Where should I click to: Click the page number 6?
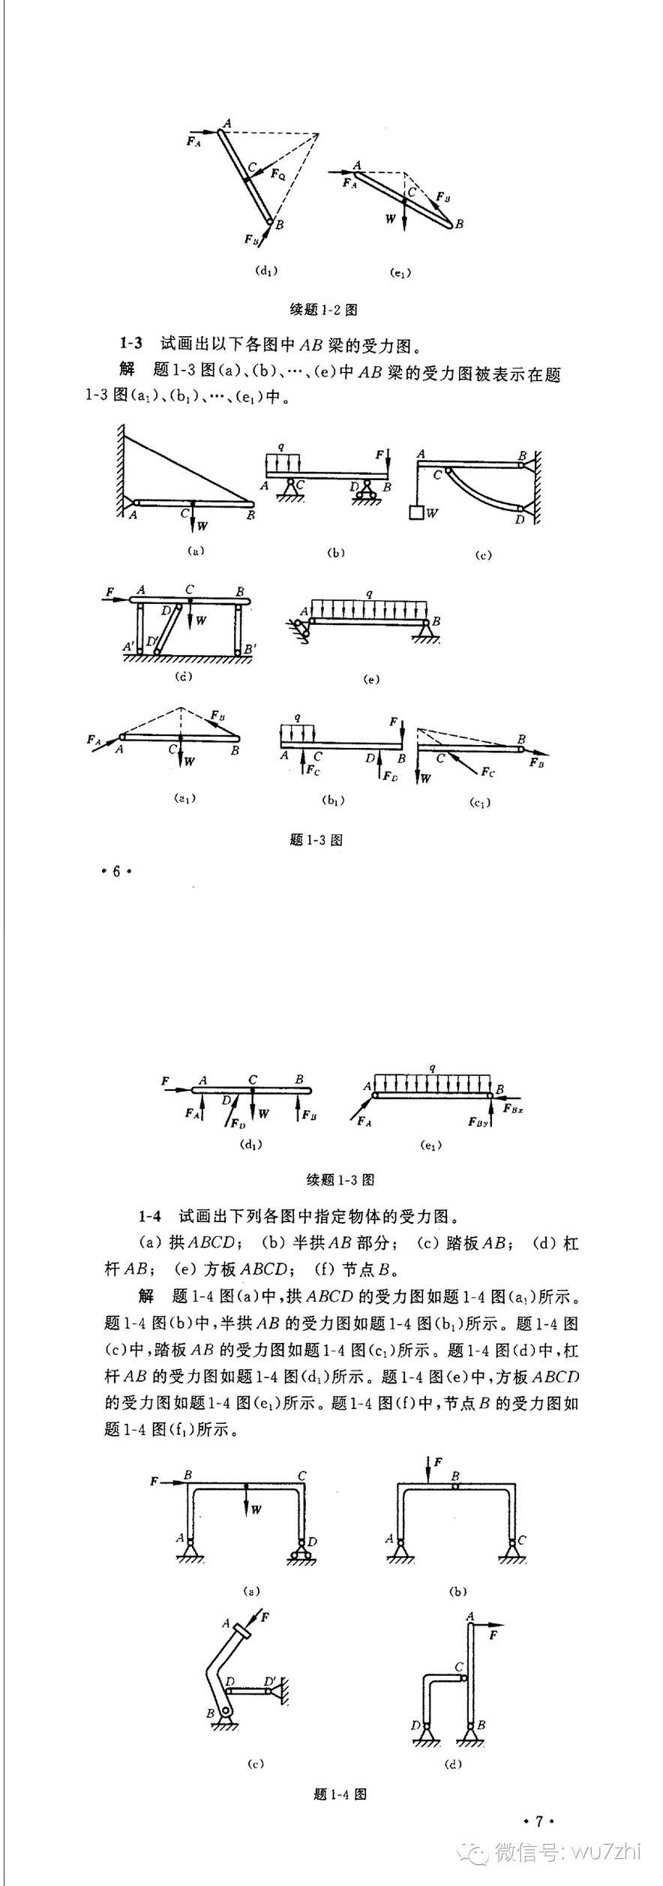point(116,871)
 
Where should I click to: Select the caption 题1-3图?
point(316,839)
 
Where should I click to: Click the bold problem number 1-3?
point(130,344)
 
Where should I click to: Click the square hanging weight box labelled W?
point(416,513)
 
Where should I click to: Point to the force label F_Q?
point(278,174)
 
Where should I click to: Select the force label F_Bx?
point(513,1108)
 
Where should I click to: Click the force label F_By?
point(478,1122)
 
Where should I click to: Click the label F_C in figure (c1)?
point(487,771)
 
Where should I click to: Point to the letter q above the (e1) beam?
point(433,1068)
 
